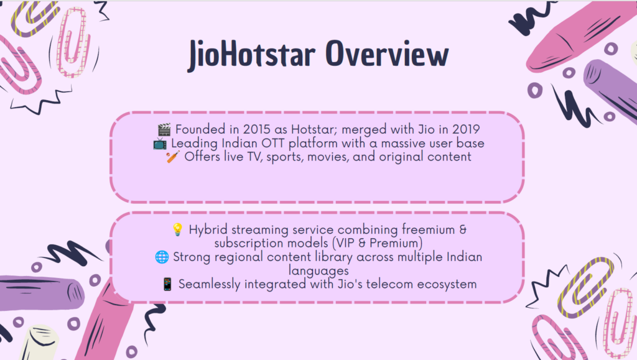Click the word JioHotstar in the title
251,55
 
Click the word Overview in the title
387,53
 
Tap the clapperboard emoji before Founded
164,129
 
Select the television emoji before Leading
160,143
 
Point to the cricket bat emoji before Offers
173,157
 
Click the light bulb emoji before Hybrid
177,229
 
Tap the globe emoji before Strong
162,257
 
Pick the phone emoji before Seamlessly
167,284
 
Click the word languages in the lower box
318,271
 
